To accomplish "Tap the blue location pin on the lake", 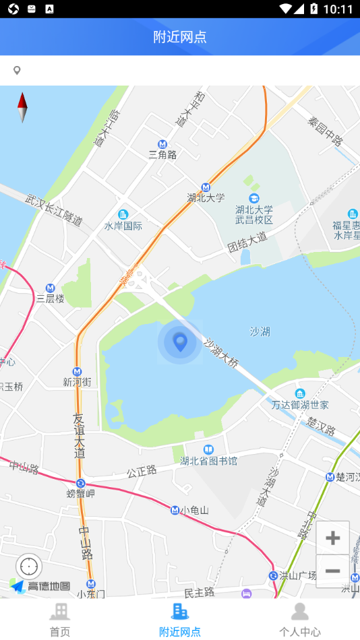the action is pyautogui.click(x=180, y=342).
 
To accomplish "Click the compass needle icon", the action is pyautogui.click(x=22, y=107).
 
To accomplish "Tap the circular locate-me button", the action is pyautogui.click(x=29, y=567).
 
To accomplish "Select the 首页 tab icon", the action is pyautogui.click(x=59, y=612).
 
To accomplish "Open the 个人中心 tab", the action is pyautogui.click(x=299, y=620).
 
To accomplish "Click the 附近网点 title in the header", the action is pyautogui.click(x=180, y=36).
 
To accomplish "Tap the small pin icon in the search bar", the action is pyautogui.click(x=17, y=70).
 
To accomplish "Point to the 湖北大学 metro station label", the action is pyautogui.click(x=206, y=197).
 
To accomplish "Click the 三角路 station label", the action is pyautogui.click(x=162, y=154).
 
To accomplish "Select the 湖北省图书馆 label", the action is pyautogui.click(x=208, y=461).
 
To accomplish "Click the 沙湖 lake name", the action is pyautogui.click(x=260, y=331).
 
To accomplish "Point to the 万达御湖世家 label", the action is pyautogui.click(x=300, y=404).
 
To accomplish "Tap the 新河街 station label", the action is pyautogui.click(x=77, y=382).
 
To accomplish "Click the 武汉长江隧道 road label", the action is pyautogui.click(x=54, y=210).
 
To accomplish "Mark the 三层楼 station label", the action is pyautogui.click(x=50, y=298).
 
